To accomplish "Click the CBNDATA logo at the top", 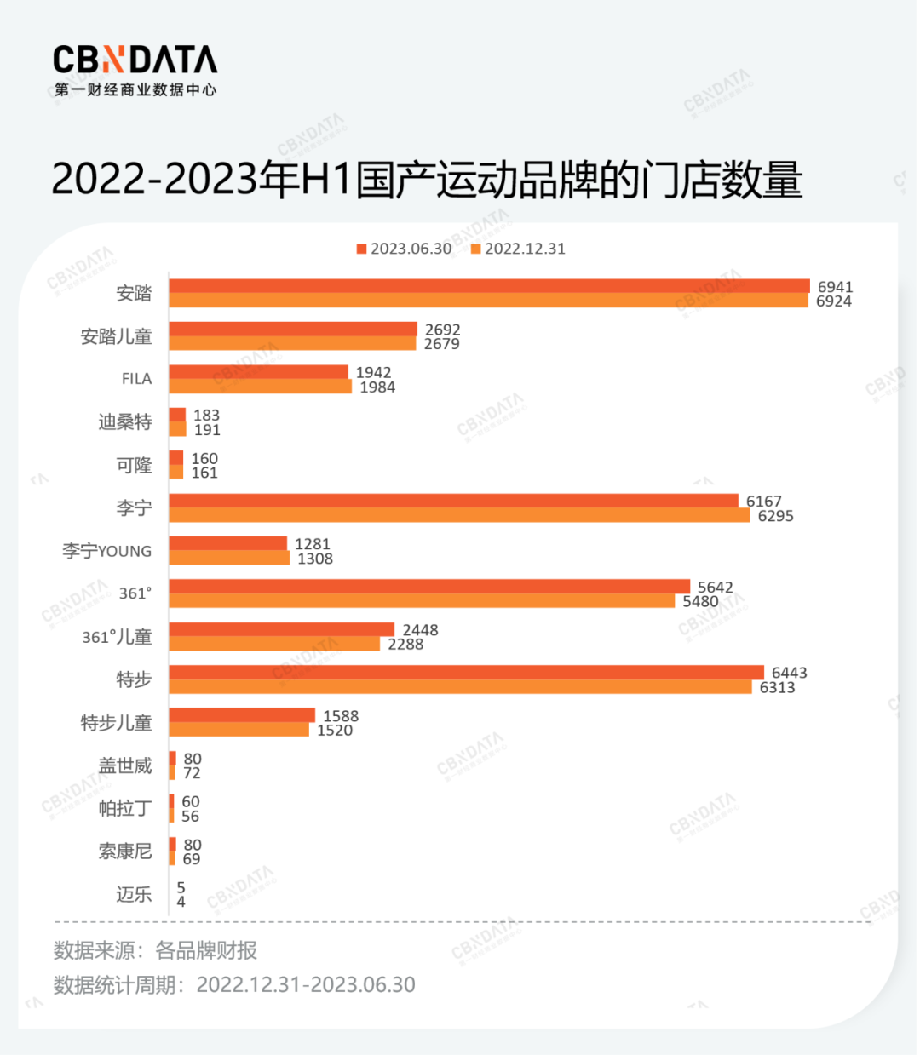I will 135,70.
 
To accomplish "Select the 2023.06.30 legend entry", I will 404,249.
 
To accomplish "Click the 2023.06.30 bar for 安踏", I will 489,286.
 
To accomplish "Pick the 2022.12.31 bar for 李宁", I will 459,515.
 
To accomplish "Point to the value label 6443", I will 789,673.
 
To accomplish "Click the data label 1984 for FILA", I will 377,387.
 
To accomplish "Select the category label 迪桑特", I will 124,422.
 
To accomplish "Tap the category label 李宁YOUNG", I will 106,551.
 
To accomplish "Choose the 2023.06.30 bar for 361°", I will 429,587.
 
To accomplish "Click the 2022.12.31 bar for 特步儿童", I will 239,730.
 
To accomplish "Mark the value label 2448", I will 420,630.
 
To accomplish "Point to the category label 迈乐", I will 134,894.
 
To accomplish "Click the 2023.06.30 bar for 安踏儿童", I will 293,330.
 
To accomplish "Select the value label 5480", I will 700,601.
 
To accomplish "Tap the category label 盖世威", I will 124,765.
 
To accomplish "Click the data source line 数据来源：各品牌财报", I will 155,950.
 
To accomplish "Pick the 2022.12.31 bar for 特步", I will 460,687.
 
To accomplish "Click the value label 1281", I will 312,544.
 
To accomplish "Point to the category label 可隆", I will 134,465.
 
